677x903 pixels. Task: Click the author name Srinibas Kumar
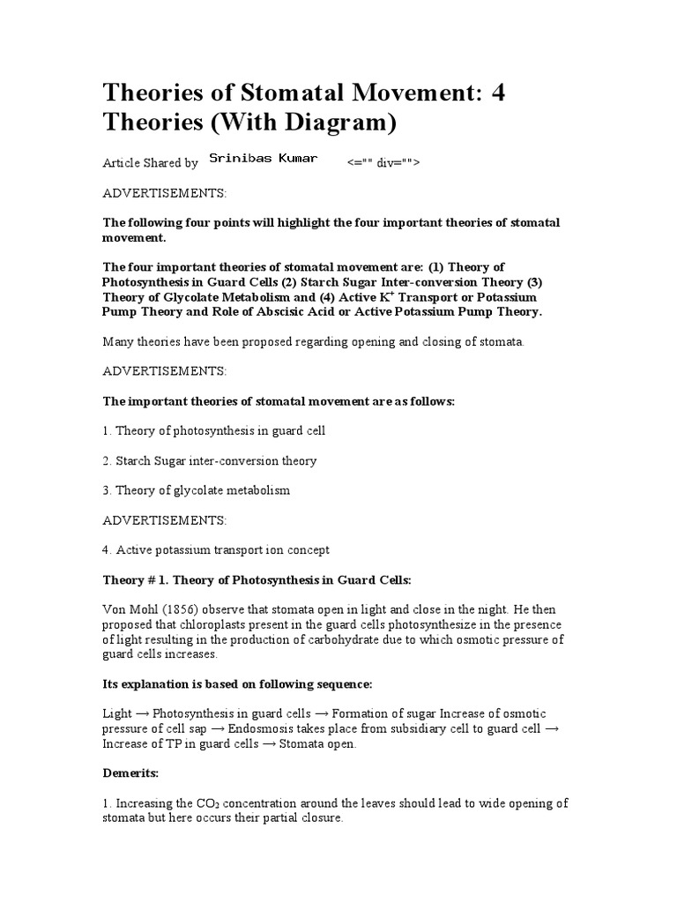263,159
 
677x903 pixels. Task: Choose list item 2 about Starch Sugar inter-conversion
210,460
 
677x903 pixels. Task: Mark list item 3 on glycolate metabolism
197,489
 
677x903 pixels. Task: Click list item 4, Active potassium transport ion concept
216,549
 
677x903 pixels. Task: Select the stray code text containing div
384,163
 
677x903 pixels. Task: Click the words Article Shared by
151,163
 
